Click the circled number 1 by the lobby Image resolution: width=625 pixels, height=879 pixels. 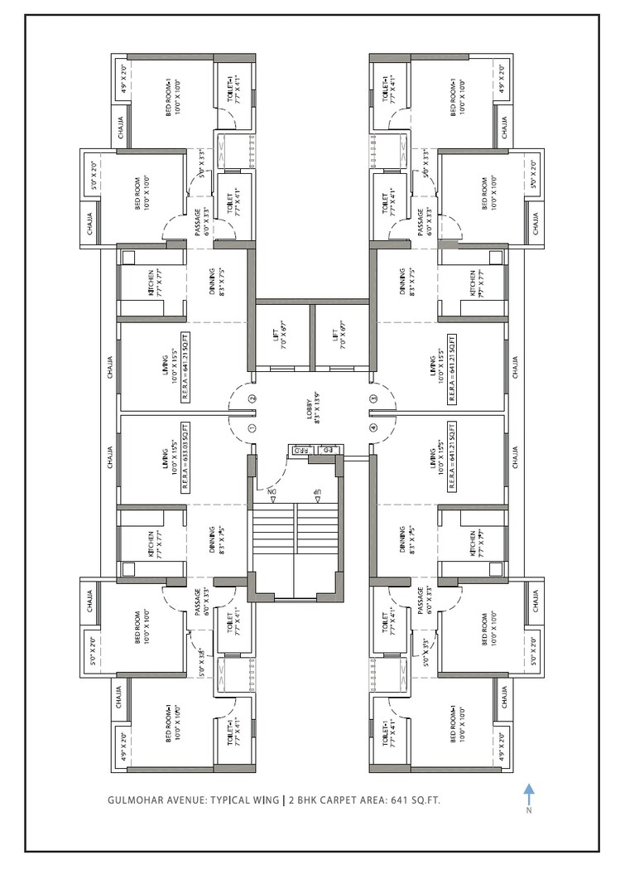click(x=252, y=428)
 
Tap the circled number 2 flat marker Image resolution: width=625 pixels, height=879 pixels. click(x=252, y=398)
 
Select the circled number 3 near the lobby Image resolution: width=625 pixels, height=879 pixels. click(x=373, y=398)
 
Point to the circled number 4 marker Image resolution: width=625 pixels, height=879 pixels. click(x=373, y=428)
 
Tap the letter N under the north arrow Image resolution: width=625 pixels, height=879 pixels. click(x=529, y=811)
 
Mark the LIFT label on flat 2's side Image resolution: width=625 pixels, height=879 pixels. click(x=277, y=336)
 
